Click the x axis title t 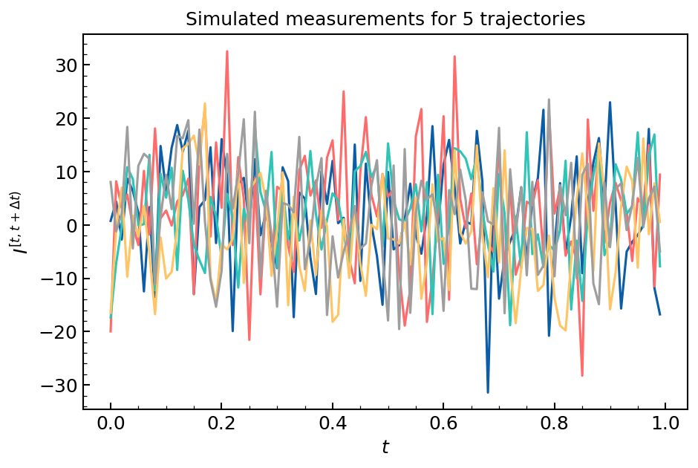pyautogui.click(x=385, y=447)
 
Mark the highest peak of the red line pyautogui.click(x=227, y=51)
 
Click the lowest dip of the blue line pyautogui.click(x=488, y=392)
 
